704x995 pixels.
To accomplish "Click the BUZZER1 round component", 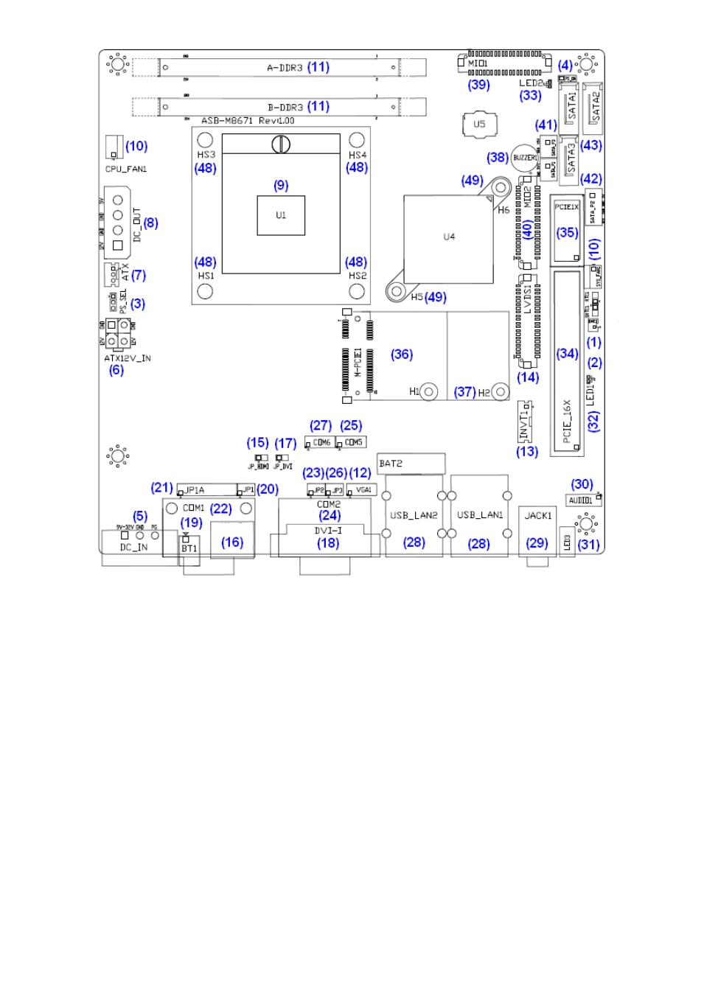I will [x=524, y=158].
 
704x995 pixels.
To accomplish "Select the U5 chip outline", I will [x=479, y=124].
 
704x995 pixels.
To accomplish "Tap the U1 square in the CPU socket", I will [x=281, y=215].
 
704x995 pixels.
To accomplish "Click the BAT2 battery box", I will [x=411, y=463].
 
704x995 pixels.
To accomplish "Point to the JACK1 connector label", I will [x=537, y=516].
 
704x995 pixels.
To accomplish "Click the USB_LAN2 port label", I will [x=414, y=515].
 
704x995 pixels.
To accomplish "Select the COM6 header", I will [x=321, y=442].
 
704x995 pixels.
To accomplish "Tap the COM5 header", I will [x=352, y=442].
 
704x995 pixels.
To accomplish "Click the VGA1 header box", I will [x=363, y=489].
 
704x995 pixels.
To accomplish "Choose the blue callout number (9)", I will [x=281, y=185].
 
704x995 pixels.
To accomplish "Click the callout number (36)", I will [x=402, y=355].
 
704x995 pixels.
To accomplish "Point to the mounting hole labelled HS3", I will [x=206, y=140].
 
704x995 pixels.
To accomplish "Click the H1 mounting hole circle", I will [x=429, y=392].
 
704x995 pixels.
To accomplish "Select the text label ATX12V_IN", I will [x=127, y=358].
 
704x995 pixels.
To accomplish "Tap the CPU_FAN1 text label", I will [x=126, y=169].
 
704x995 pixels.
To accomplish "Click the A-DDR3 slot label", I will [x=285, y=68].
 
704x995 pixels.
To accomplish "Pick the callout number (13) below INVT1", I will [x=527, y=451].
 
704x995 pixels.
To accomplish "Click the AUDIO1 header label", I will [x=581, y=500].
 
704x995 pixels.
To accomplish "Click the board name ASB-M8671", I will [x=227, y=121].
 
